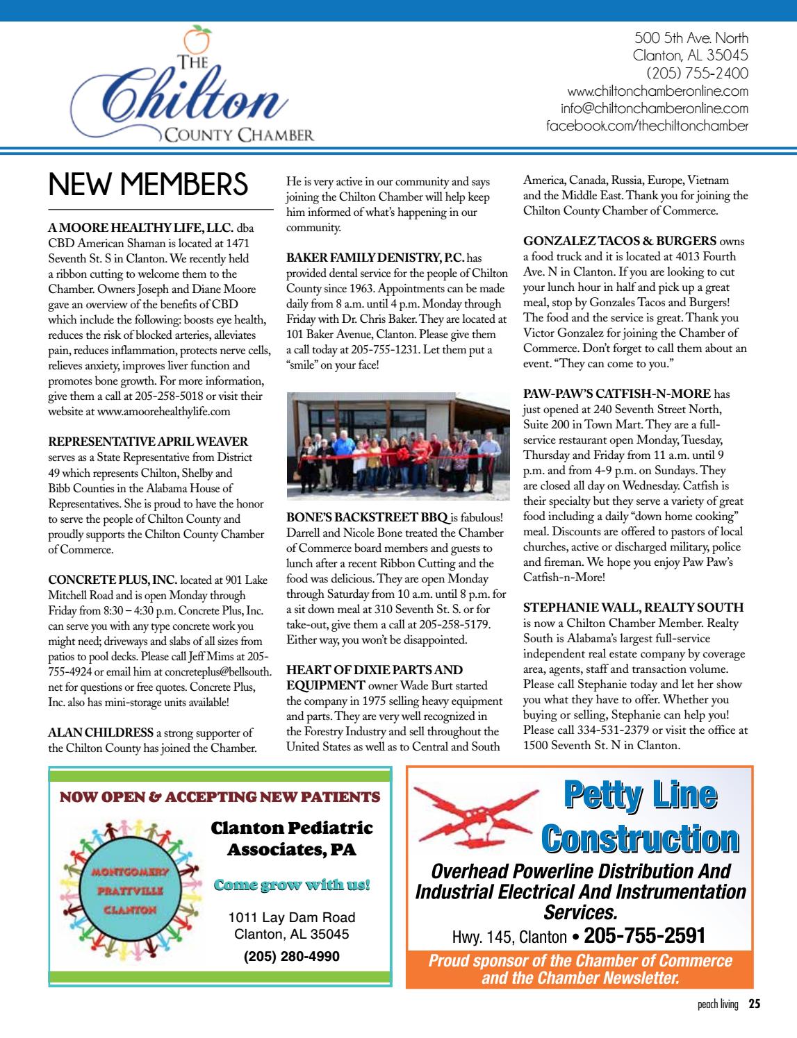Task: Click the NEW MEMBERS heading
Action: [x=148, y=185]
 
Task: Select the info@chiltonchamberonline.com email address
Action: [x=655, y=109]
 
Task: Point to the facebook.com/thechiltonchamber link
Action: [x=648, y=126]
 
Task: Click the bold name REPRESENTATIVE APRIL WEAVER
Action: [x=148, y=442]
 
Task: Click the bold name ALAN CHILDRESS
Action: [x=101, y=732]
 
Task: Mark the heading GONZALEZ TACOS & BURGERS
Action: [x=619, y=241]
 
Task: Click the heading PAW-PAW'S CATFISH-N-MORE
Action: [x=617, y=394]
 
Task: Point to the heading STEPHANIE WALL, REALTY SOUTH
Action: [x=633, y=607]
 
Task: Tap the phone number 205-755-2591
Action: [x=645, y=935]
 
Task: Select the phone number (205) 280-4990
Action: [x=292, y=956]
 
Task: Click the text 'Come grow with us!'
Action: [x=292, y=885]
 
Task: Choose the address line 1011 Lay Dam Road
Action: [x=292, y=917]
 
